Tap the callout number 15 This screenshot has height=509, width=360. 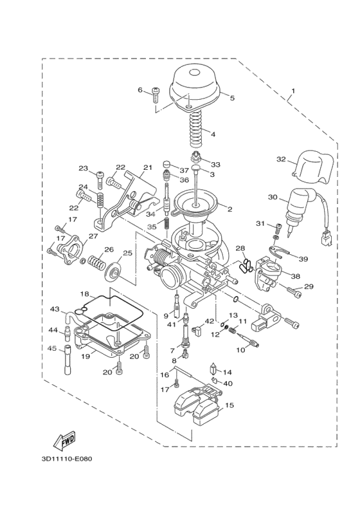tap(230, 405)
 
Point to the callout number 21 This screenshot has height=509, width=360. tap(147, 168)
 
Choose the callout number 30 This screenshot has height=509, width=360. tap(273, 198)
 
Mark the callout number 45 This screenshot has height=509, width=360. tap(53, 349)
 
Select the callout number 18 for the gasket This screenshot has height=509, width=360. tap(84, 293)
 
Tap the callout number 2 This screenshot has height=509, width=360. tap(229, 209)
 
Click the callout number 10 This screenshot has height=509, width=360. tap(242, 350)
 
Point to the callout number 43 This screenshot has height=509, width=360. tap(55, 310)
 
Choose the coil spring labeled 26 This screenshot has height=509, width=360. tap(96, 263)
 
